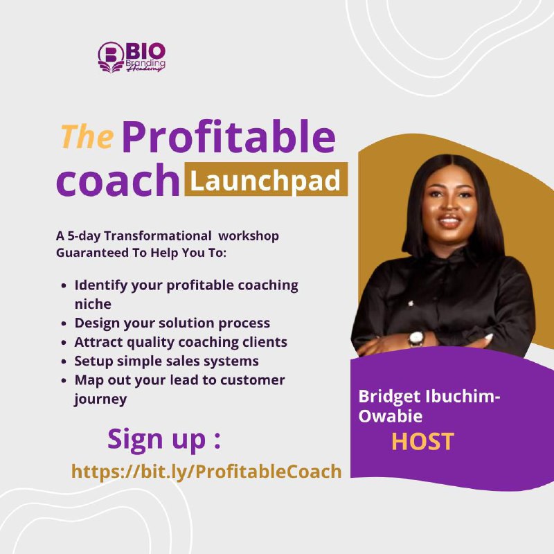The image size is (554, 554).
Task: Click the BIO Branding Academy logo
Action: tap(132, 57)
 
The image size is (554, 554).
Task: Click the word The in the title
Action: tap(87, 136)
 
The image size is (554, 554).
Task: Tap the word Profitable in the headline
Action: tap(229, 136)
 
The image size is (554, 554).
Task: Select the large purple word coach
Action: tap(118, 180)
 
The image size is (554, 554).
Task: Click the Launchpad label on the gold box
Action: tap(265, 181)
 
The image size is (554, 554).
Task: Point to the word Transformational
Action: tap(158, 235)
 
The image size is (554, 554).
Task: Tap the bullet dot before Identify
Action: tap(64, 285)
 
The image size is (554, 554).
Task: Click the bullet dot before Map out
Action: tap(64, 380)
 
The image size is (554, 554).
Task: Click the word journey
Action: tap(100, 400)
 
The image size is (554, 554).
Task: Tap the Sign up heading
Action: tap(164, 439)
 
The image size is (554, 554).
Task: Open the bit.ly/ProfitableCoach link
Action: tap(206, 472)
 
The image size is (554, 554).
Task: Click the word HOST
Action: tap(423, 441)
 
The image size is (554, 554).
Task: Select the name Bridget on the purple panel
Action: tap(389, 397)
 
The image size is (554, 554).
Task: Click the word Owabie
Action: tap(391, 416)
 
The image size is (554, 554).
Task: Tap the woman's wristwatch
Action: tap(416, 338)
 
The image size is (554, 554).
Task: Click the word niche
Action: tap(93, 304)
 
